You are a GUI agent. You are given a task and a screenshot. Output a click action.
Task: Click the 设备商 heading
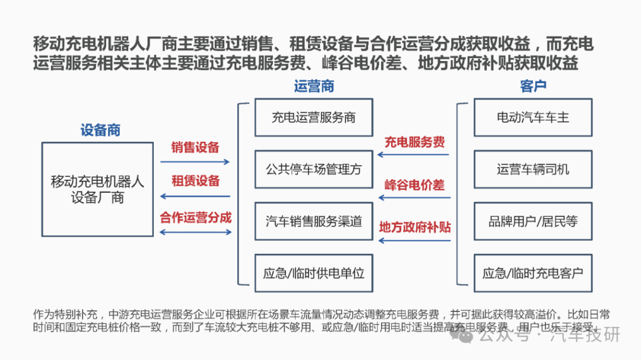point(100,130)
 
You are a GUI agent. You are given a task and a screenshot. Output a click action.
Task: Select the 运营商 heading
point(314,86)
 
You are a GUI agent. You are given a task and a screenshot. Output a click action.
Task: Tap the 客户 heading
point(533,86)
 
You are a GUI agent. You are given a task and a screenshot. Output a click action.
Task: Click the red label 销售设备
point(195,148)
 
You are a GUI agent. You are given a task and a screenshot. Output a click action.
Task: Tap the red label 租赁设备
point(195,181)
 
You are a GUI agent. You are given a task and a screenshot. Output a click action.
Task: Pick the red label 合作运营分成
point(195,218)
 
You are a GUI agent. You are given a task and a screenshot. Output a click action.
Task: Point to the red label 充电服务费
point(414,142)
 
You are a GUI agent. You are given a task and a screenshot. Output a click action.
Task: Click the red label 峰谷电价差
point(414,185)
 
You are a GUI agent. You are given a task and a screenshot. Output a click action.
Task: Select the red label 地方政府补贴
point(414,227)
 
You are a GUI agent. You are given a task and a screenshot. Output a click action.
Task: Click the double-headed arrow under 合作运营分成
point(195,232)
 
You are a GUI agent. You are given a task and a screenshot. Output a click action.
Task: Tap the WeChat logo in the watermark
point(461,336)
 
